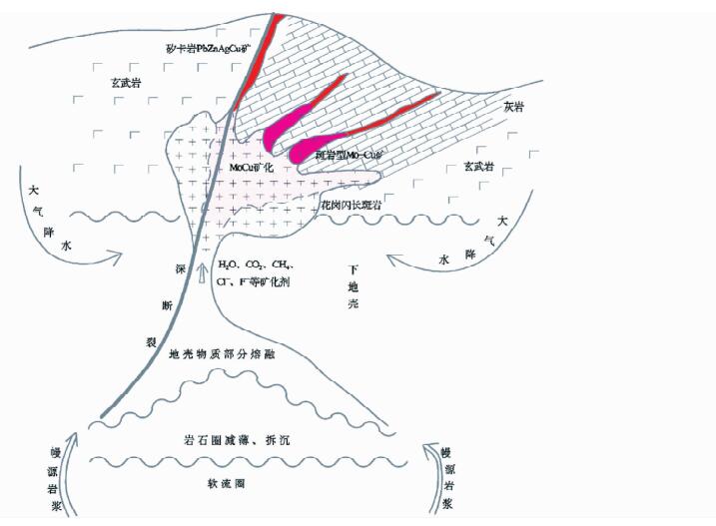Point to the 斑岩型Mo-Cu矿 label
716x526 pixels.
(x=349, y=156)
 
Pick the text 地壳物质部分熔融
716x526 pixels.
(x=222, y=353)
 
